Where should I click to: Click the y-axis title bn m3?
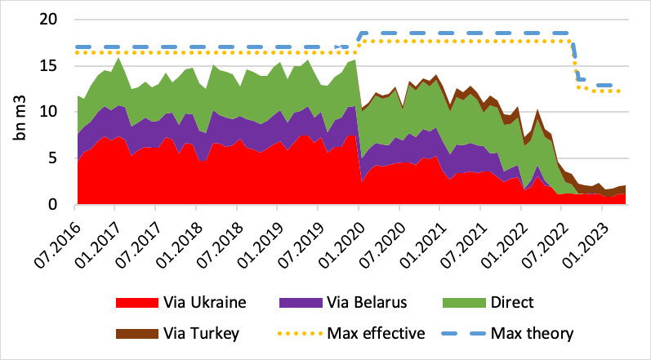[20, 113]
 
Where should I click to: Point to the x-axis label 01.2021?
[424, 236]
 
